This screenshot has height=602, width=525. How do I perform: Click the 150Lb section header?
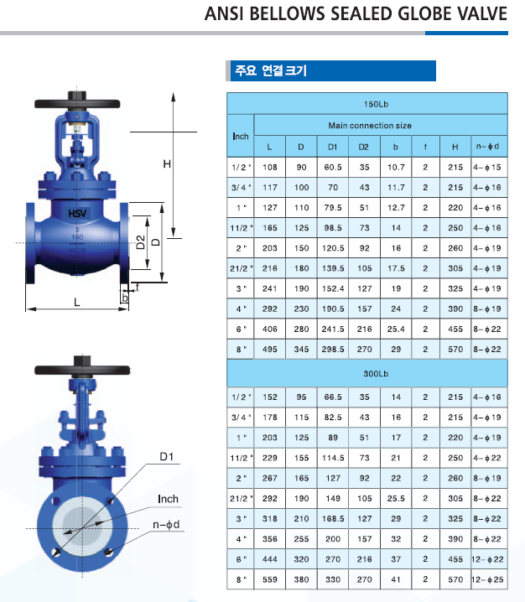376,104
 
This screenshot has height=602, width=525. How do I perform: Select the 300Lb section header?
376,374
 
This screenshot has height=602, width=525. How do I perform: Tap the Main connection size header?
370,126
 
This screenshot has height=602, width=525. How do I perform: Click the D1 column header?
333,147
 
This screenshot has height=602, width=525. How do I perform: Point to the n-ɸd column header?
487,146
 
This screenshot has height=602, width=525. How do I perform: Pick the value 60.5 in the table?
333,168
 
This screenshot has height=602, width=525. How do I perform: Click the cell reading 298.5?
333,350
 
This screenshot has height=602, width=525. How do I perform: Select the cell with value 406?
269,329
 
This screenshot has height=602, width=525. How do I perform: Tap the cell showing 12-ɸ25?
487,579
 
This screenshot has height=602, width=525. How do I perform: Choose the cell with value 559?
269,579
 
